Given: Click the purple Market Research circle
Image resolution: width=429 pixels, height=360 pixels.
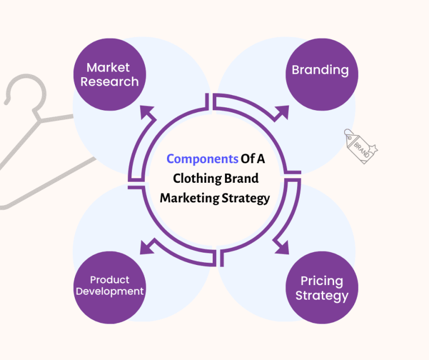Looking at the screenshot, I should [109, 74].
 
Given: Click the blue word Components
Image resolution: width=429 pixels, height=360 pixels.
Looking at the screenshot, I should [202, 159].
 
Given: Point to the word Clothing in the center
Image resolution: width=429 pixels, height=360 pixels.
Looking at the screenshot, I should [194, 178].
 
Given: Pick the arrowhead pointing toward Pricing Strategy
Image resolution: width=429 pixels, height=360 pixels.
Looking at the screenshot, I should [281, 246].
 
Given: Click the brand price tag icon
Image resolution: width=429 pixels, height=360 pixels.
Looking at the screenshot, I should [360, 145].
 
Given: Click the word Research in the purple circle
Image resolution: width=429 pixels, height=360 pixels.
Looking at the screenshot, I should [109, 82].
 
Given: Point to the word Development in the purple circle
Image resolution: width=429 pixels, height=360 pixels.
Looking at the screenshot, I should [109, 291].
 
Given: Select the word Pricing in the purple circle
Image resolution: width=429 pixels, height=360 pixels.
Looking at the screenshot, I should [321, 281].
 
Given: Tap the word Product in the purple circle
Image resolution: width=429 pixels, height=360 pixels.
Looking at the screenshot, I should [109, 280].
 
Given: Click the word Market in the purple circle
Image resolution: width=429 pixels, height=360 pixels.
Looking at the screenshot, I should [108, 68].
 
